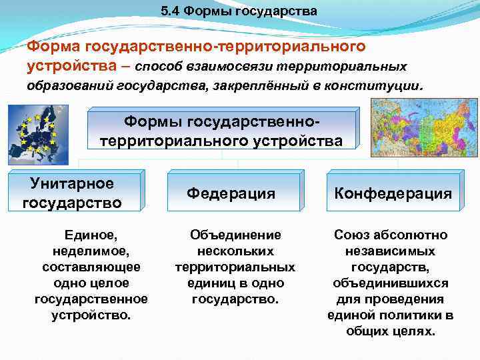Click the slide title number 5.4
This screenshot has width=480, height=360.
[171, 12]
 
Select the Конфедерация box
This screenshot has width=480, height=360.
[393, 193]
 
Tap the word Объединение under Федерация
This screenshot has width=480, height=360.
[235, 235]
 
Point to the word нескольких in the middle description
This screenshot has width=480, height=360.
[235, 251]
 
